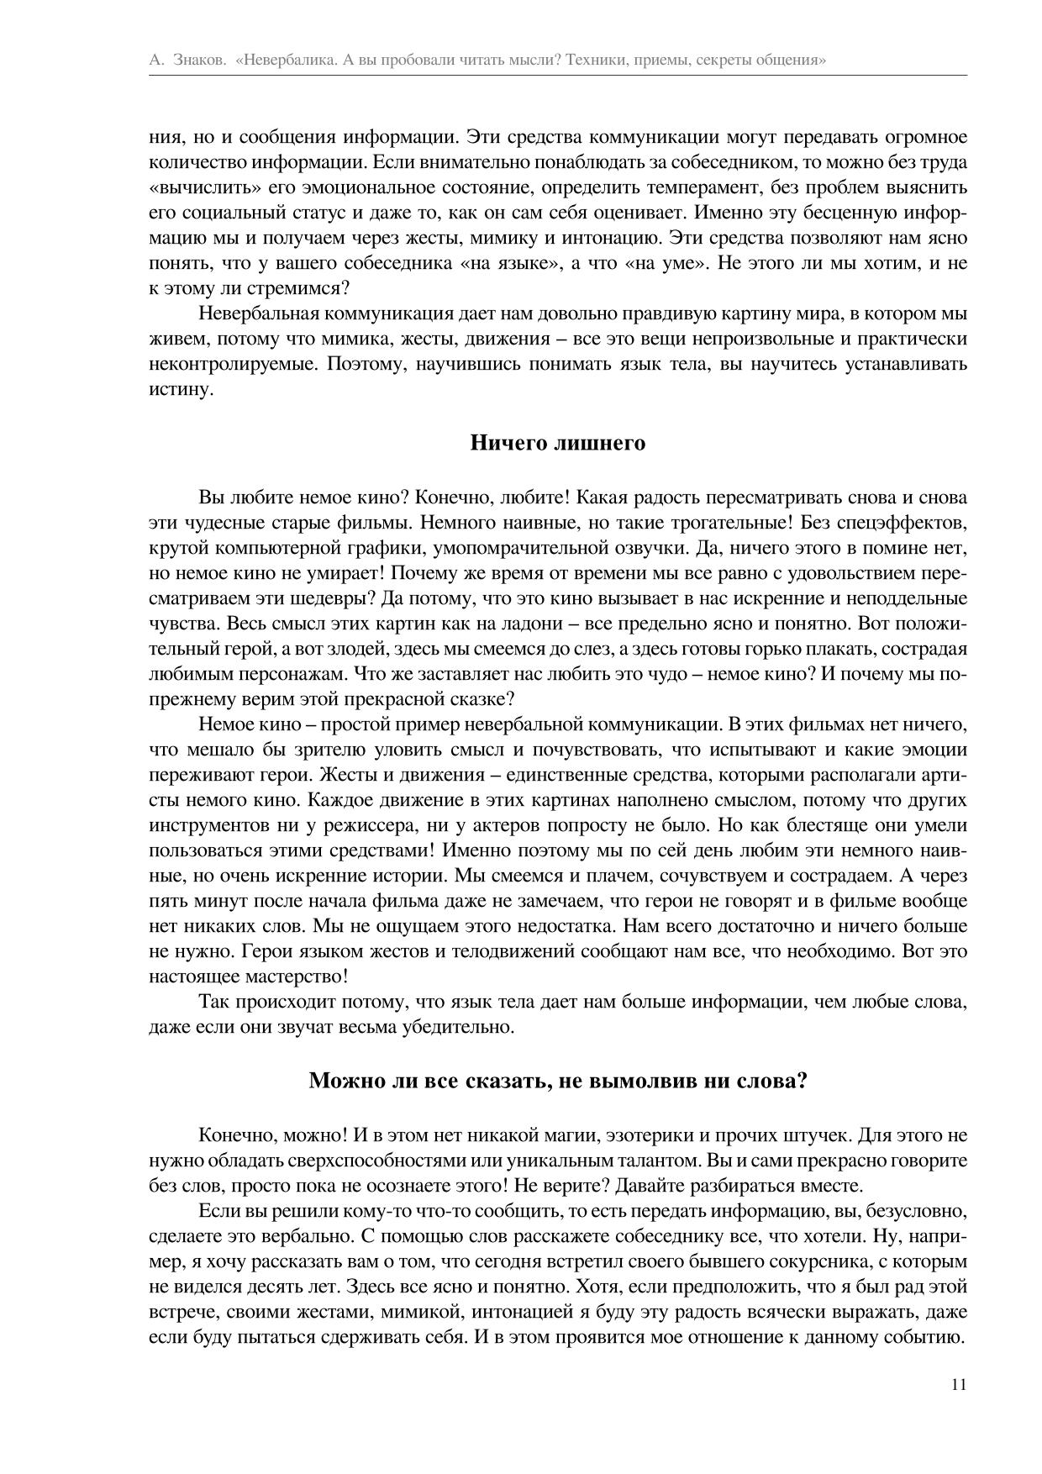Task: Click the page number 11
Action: coord(959,1386)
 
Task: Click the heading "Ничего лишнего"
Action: coord(557,443)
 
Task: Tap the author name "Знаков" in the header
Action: coord(198,61)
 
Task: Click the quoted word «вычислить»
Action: coord(194,187)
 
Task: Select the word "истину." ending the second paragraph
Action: coord(178,390)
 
